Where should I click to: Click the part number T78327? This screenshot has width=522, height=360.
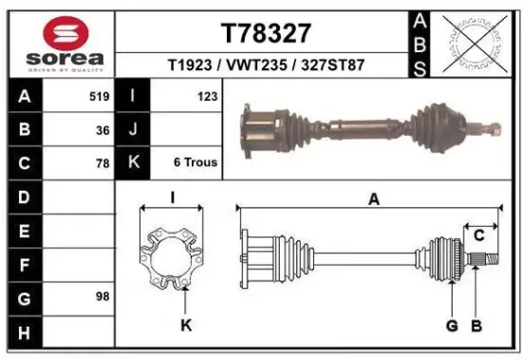tap(266, 33)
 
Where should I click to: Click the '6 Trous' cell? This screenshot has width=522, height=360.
tap(196, 163)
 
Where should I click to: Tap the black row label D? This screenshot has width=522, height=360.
tap(23, 198)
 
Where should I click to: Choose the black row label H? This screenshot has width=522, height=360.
tap(23, 332)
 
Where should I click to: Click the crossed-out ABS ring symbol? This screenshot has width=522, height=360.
tap(472, 44)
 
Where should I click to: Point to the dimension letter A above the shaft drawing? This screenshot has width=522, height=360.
tap(374, 199)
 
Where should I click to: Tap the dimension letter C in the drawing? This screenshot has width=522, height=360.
tap(479, 234)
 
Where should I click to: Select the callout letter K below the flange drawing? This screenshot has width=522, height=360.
tap(186, 326)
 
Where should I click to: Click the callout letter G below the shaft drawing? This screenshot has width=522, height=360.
tap(452, 326)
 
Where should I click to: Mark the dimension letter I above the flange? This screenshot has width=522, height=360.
tap(172, 198)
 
